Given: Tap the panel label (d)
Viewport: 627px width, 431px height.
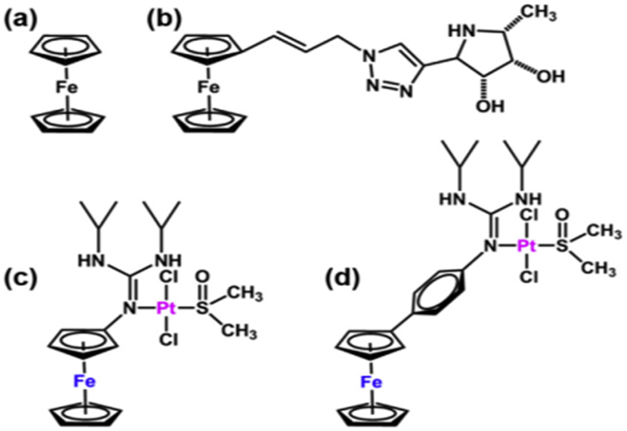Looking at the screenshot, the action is point(342,278).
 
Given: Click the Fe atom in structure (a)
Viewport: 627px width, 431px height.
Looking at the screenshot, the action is point(67,88).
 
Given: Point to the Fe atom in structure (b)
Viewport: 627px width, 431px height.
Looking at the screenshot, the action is point(208,88).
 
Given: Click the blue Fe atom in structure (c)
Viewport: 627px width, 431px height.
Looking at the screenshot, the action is point(84,381).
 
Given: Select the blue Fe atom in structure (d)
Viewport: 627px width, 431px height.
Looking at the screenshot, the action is point(371,383).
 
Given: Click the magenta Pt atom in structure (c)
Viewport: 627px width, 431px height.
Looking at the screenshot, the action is point(166,308).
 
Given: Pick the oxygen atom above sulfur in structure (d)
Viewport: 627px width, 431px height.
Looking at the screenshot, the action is point(562,215).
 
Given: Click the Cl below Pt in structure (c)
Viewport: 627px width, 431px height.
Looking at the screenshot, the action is point(169,340).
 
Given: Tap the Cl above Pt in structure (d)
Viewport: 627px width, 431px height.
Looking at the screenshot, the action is point(529,215).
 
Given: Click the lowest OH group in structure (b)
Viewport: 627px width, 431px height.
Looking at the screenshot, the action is point(490,106).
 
